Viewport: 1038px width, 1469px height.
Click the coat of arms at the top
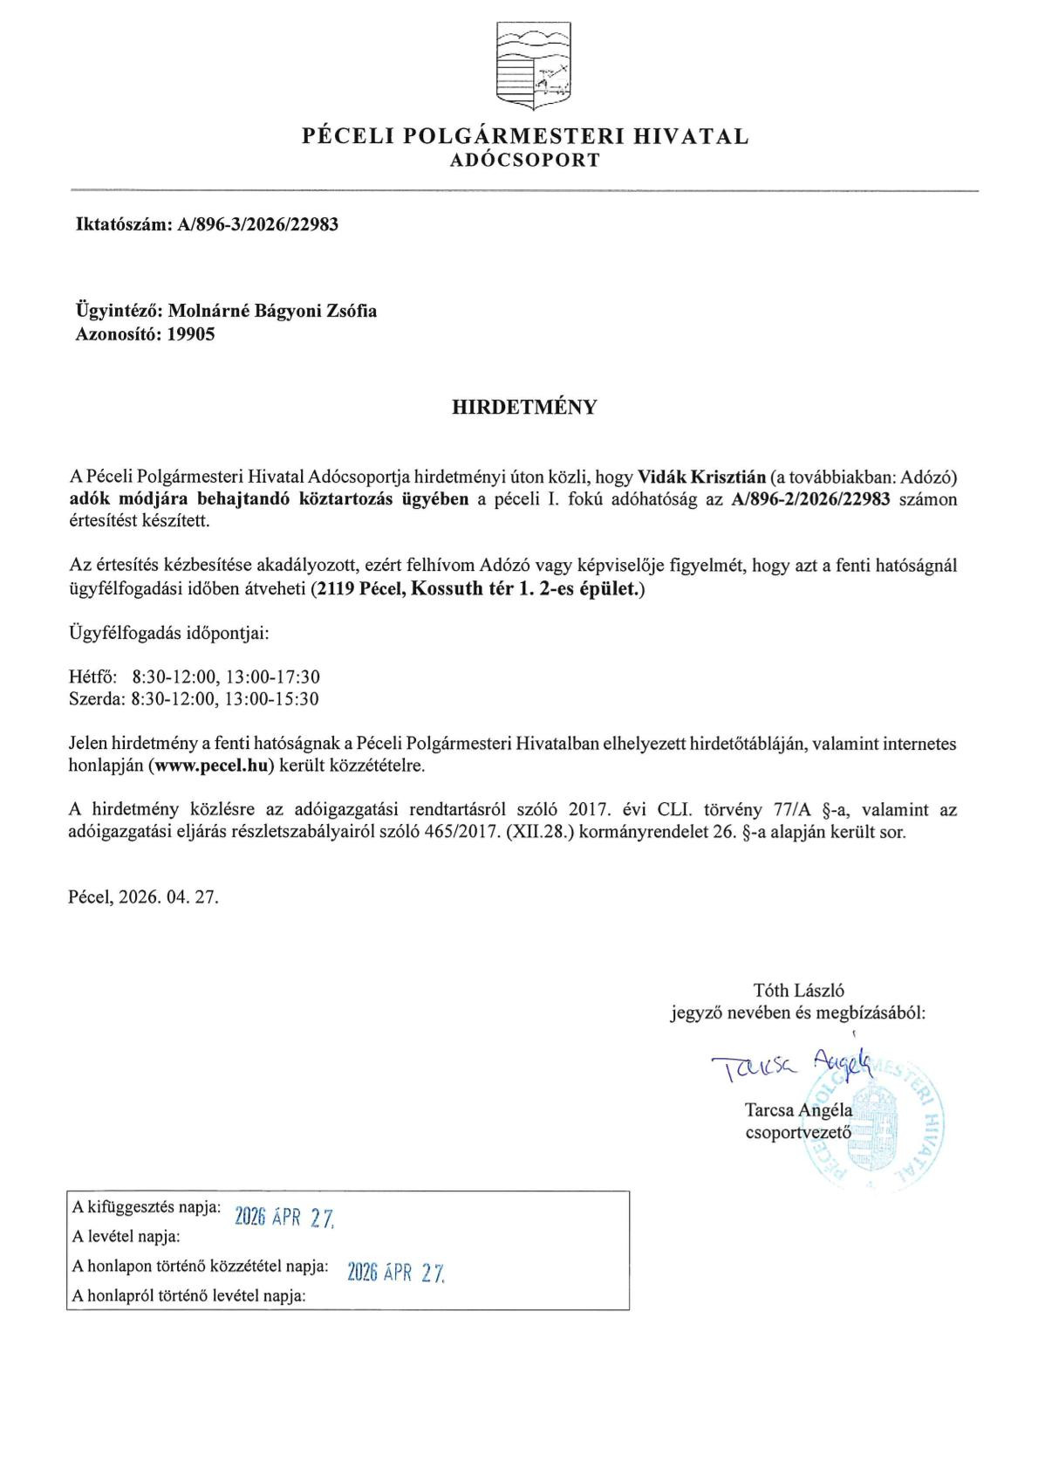pos(533,66)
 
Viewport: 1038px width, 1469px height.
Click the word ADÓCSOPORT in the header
pos(525,161)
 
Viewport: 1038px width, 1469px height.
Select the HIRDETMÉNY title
pos(524,407)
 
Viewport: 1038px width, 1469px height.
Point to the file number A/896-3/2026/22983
pos(257,224)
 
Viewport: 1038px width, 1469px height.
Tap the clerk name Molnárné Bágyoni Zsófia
pos(272,311)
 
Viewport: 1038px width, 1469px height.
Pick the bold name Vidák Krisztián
pos(702,477)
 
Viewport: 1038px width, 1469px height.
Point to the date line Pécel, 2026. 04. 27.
pos(143,896)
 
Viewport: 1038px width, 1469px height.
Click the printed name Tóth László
pos(798,990)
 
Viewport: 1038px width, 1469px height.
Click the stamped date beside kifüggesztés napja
pos(284,1217)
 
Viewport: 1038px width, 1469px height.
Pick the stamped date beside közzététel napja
pos(396,1273)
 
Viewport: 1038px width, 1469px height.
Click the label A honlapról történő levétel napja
pos(189,1296)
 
